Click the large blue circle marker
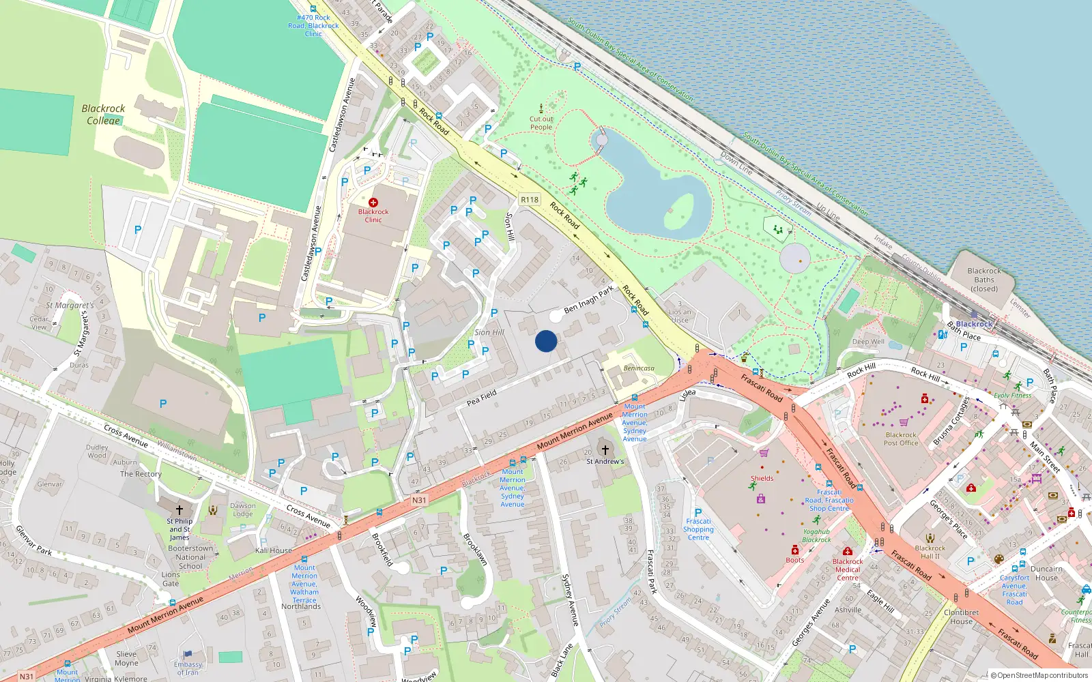pos(546,341)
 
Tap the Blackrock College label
pos(103,115)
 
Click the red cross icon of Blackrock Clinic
pos(373,203)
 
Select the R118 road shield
pos(530,200)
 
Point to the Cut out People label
pos(541,123)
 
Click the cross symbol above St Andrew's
pos(605,450)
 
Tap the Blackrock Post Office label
pos(901,439)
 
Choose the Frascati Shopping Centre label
pos(698,529)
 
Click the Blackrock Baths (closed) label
pos(984,280)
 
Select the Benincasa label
pos(639,368)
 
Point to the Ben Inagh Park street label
pos(588,299)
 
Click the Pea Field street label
pos(482,398)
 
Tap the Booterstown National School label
pos(190,557)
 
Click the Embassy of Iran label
pos(188,668)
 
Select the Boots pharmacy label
pos(795,560)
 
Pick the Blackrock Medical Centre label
pos(848,569)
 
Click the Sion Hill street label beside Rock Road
pos(509,226)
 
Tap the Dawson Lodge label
pos(243,509)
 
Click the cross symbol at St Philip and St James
pos(179,509)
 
